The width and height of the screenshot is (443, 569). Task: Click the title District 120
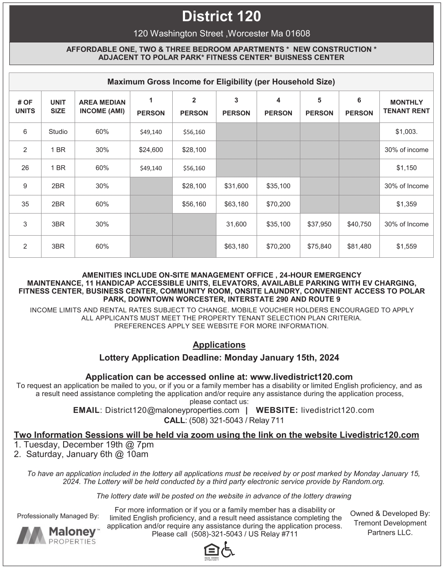coord(221,17)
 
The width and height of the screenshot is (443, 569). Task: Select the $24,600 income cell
coord(151,150)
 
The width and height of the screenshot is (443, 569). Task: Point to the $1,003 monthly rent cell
coord(406,132)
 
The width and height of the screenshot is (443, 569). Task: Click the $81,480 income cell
coord(359,247)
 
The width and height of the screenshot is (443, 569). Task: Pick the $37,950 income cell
coord(319,224)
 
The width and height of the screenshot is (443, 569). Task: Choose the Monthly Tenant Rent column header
coord(406,107)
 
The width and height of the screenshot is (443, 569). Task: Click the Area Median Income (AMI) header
coord(102,107)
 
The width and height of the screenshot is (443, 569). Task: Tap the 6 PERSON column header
coord(359,107)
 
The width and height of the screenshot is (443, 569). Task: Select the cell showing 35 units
coord(25,204)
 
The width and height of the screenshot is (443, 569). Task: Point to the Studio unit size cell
coord(58,132)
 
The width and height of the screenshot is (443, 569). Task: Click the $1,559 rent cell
coord(406,247)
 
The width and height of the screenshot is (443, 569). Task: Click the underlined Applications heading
coord(219,345)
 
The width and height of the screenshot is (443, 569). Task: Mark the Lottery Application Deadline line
coord(219,358)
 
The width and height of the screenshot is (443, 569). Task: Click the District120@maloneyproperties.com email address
coord(172,410)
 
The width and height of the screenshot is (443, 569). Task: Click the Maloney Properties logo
coord(58,535)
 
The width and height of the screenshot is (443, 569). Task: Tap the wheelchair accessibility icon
coord(228,550)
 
